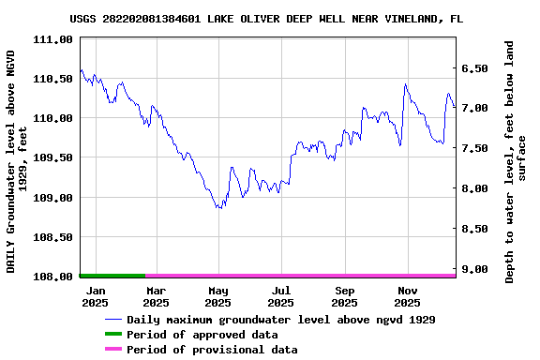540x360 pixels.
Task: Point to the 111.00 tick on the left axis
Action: pyautogui.click(x=52, y=39)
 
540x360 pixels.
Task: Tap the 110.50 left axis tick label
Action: pyautogui.click(x=52, y=79)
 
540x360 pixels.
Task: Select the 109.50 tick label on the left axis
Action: pyautogui.click(x=52, y=158)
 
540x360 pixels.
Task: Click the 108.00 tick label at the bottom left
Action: pyautogui.click(x=52, y=277)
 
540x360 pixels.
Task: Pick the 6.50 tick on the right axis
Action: pyautogui.click(x=475, y=68)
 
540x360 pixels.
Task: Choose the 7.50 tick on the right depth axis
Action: pyautogui.click(x=475, y=148)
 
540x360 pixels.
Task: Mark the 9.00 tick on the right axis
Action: pyautogui.click(x=475, y=269)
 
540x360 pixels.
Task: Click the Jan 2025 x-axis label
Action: pyautogui.click(x=95, y=296)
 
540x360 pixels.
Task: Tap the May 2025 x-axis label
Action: pyautogui.click(x=217, y=296)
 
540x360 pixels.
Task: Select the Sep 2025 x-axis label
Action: pyautogui.click(x=344, y=296)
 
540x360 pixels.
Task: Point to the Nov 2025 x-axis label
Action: pyautogui.click(x=407, y=296)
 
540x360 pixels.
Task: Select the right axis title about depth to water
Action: pyautogui.click(x=516, y=161)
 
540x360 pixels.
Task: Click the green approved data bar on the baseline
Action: pyautogui.click(x=112, y=276)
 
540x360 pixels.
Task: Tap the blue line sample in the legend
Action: pyautogui.click(x=112, y=320)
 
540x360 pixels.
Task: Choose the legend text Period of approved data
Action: pyautogui.click(x=202, y=335)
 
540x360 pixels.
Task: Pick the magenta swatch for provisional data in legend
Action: pyautogui.click(x=112, y=350)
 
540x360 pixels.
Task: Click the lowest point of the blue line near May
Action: pyautogui.click(x=219, y=208)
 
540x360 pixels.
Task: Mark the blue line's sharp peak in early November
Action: pyautogui.click(x=405, y=84)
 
